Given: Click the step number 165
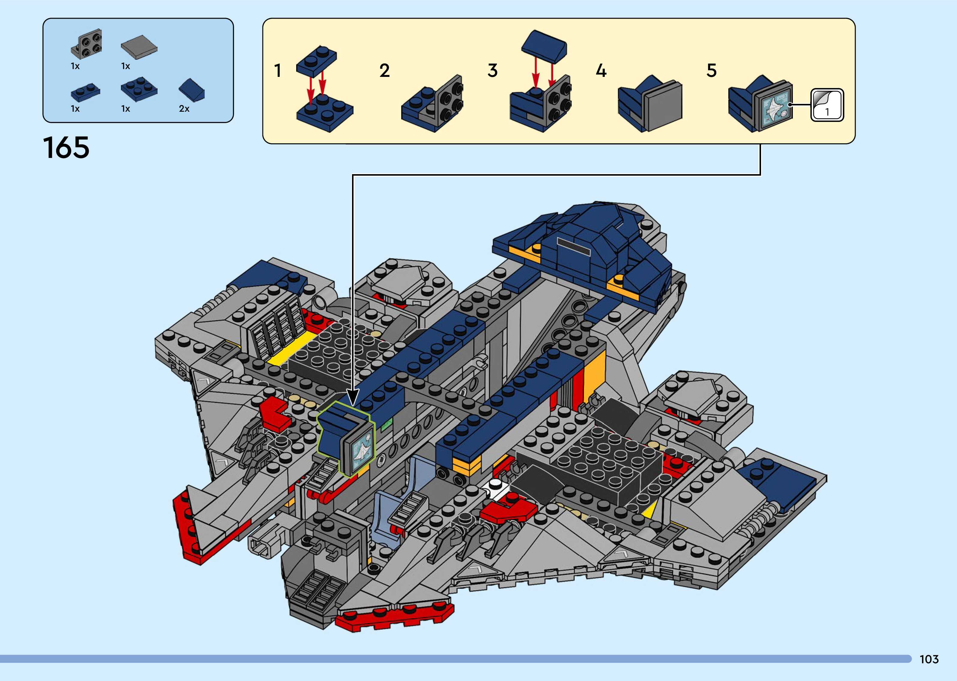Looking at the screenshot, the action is [66, 148].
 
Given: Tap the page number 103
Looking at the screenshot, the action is [929, 659].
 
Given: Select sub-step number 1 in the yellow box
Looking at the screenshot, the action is [277, 71].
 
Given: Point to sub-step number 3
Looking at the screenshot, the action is [493, 71].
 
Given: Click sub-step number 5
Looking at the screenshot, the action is [712, 71].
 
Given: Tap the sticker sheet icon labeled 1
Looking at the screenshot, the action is [827, 105].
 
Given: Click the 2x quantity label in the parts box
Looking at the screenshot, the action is [184, 109].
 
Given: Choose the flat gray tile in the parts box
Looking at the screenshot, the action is [139, 49].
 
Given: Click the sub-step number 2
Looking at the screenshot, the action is [385, 71].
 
